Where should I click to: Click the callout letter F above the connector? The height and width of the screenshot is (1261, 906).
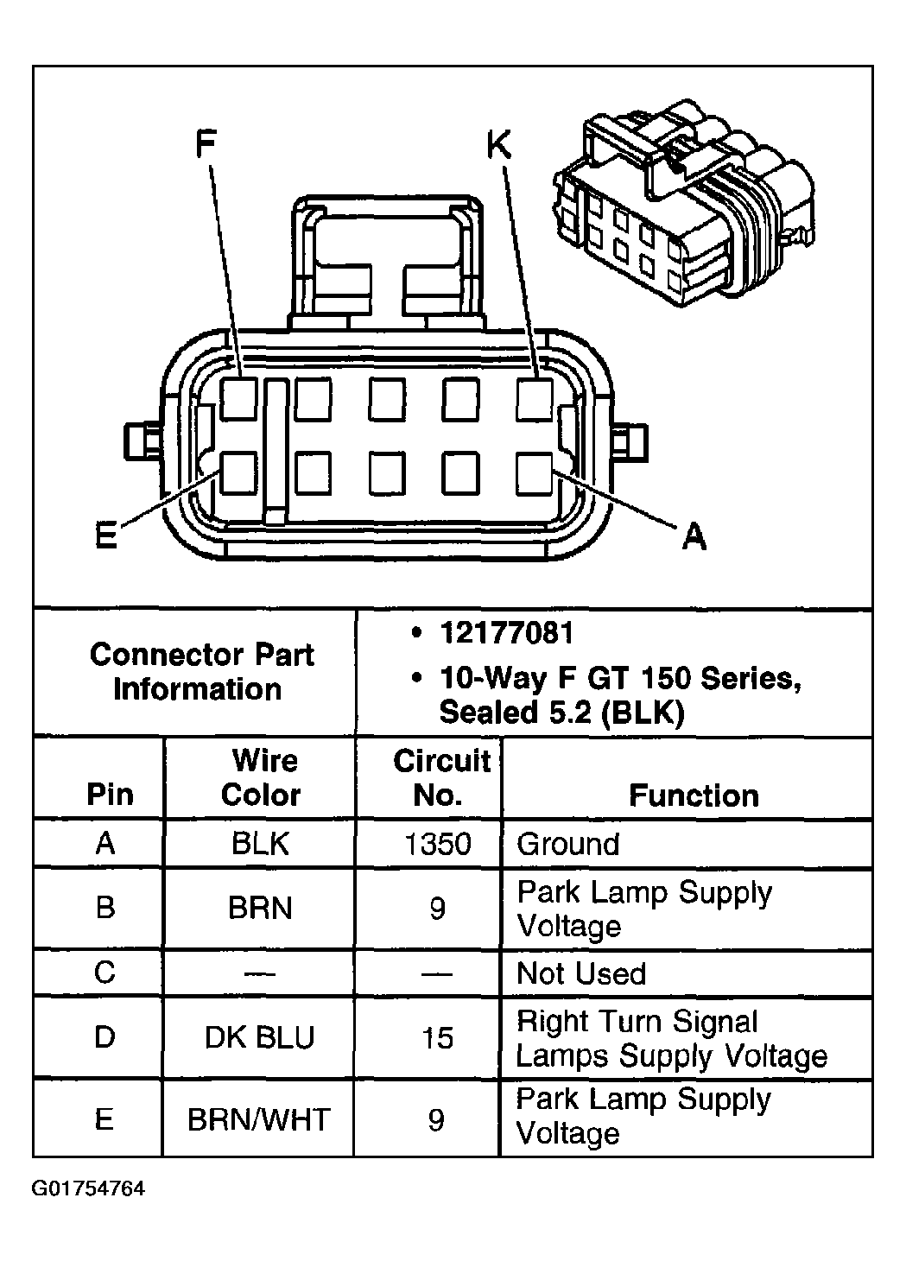tap(205, 144)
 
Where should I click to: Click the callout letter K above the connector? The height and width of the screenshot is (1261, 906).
tap(499, 145)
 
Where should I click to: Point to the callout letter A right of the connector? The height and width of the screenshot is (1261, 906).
tap(694, 536)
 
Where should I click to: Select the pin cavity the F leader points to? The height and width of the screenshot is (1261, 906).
tap(238, 399)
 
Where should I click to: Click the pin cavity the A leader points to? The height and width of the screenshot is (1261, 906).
tap(535, 473)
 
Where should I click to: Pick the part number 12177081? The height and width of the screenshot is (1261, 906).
tap(506, 633)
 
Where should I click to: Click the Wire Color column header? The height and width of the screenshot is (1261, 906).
tap(261, 777)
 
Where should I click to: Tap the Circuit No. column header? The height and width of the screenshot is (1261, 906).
tap(440, 777)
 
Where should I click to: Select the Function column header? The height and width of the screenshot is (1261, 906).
tap(694, 795)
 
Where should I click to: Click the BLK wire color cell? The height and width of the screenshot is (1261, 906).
tap(260, 843)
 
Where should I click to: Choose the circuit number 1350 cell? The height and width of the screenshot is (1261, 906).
tap(437, 843)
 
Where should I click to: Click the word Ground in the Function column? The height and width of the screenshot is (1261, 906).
tap(567, 843)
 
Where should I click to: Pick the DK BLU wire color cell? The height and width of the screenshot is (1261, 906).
tap(259, 1037)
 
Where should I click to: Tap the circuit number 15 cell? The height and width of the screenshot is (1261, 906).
tap(437, 1037)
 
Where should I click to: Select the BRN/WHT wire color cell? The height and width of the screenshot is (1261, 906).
tap(259, 1120)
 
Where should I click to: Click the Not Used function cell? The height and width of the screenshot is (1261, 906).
tap(580, 973)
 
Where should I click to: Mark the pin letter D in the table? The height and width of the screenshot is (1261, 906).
tap(105, 1037)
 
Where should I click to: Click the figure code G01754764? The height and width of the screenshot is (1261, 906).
tap(89, 1188)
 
